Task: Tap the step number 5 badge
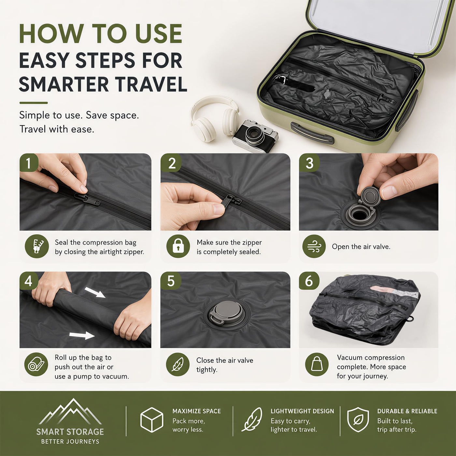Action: click(171, 281)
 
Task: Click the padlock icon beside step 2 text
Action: click(178, 246)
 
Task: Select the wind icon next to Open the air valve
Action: click(314, 246)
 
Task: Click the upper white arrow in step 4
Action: click(95, 292)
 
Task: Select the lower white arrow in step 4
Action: click(82, 335)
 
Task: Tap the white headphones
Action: click(215, 118)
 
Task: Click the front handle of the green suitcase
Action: click(312, 133)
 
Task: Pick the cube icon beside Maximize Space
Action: click(152, 420)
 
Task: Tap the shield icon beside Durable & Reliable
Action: click(358, 420)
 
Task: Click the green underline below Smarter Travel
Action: click(34, 103)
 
